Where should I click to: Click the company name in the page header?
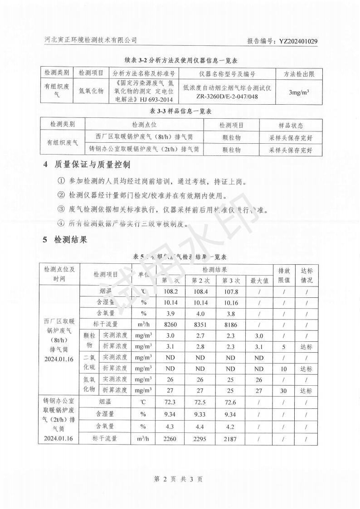(91, 40)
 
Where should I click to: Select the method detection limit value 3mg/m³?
(299, 92)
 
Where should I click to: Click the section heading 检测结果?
(70, 239)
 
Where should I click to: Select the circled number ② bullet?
(62, 195)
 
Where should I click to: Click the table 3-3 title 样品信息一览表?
(181, 111)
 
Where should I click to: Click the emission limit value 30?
(283, 391)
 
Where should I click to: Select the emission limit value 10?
(283, 368)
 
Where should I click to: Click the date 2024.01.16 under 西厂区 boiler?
(59, 359)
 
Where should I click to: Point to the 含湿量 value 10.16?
(231, 302)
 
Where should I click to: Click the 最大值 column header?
(259, 281)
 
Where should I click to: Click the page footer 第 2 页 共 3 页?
(180, 479)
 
